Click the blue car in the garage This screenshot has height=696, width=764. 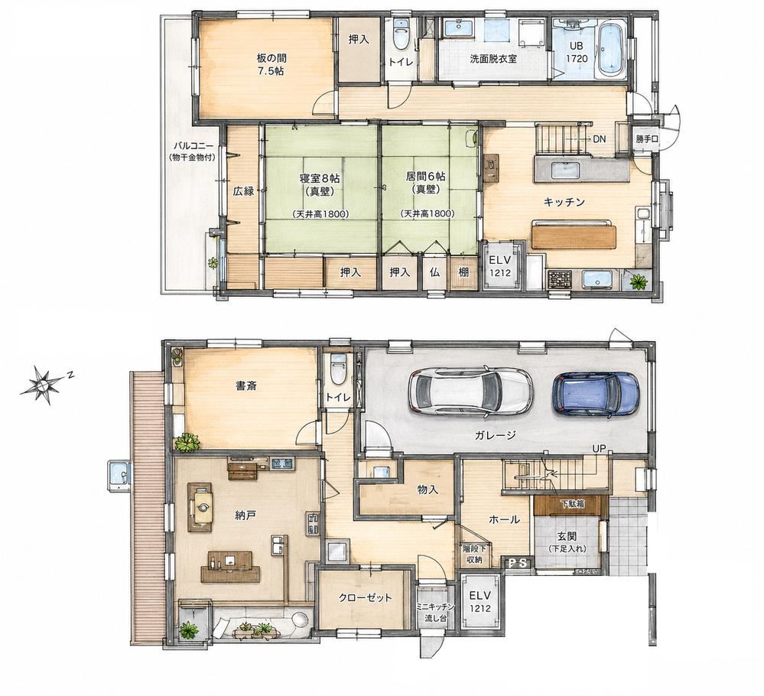pyautogui.click(x=596, y=394)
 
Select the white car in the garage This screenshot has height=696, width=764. pyautogui.click(x=470, y=392)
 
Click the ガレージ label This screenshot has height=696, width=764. pyautogui.click(x=495, y=435)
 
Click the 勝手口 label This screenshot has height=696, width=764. pyautogui.click(x=646, y=139)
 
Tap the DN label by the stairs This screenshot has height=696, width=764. pyautogui.click(x=600, y=139)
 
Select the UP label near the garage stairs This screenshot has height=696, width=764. pyautogui.click(x=599, y=448)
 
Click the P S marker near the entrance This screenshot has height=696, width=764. pyautogui.click(x=518, y=563)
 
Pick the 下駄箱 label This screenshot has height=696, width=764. pyautogui.click(x=572, y=504)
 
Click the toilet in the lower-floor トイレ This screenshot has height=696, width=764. pyautogui.click(x=338, y=369)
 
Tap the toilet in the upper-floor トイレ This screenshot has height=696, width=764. pyautogui.click(x=401, y=33)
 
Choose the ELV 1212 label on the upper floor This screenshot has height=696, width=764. pyautogui.click(x=500, y=266)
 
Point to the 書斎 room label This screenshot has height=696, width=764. pyautogui.click(x=246, y=386)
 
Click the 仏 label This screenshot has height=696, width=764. pyautogui.click(x=434, y=272)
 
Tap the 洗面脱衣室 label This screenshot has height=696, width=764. pyautogui.click(x=493, y=58)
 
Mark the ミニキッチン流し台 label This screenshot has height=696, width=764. pyautogui.click(x=435, y=611)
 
